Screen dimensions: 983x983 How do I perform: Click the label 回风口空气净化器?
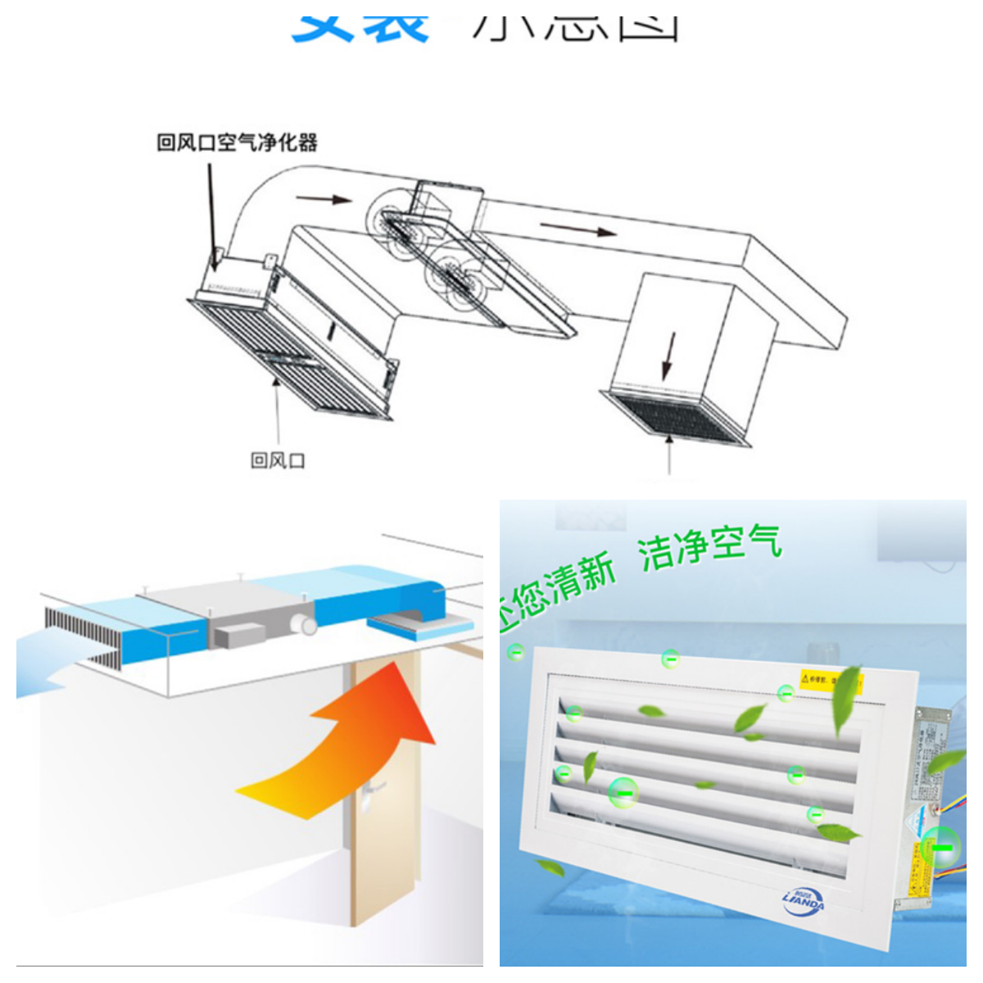pos(237,143)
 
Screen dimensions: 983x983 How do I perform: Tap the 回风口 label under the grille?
pos(278,460)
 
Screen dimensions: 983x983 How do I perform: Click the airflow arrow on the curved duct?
pos(323,198)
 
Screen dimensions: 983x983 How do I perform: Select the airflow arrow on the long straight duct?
pos(578,229)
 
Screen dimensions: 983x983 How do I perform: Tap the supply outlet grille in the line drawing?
pos(676,418)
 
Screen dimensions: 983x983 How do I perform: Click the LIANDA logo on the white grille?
pos(803,900)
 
